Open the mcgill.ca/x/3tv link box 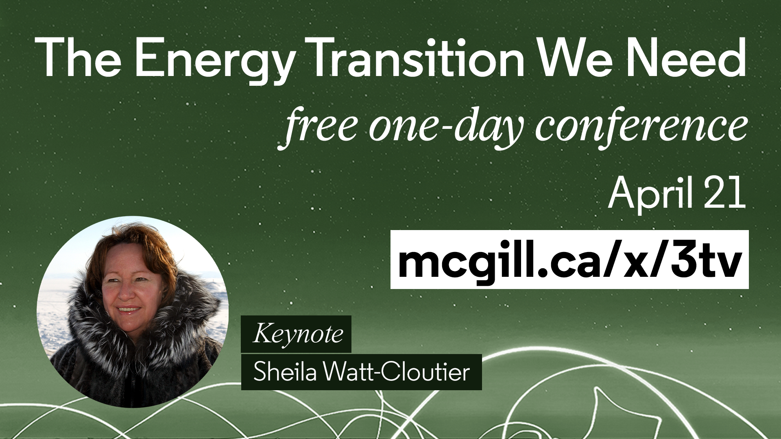pos(569,259)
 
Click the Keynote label pos(296,334)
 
